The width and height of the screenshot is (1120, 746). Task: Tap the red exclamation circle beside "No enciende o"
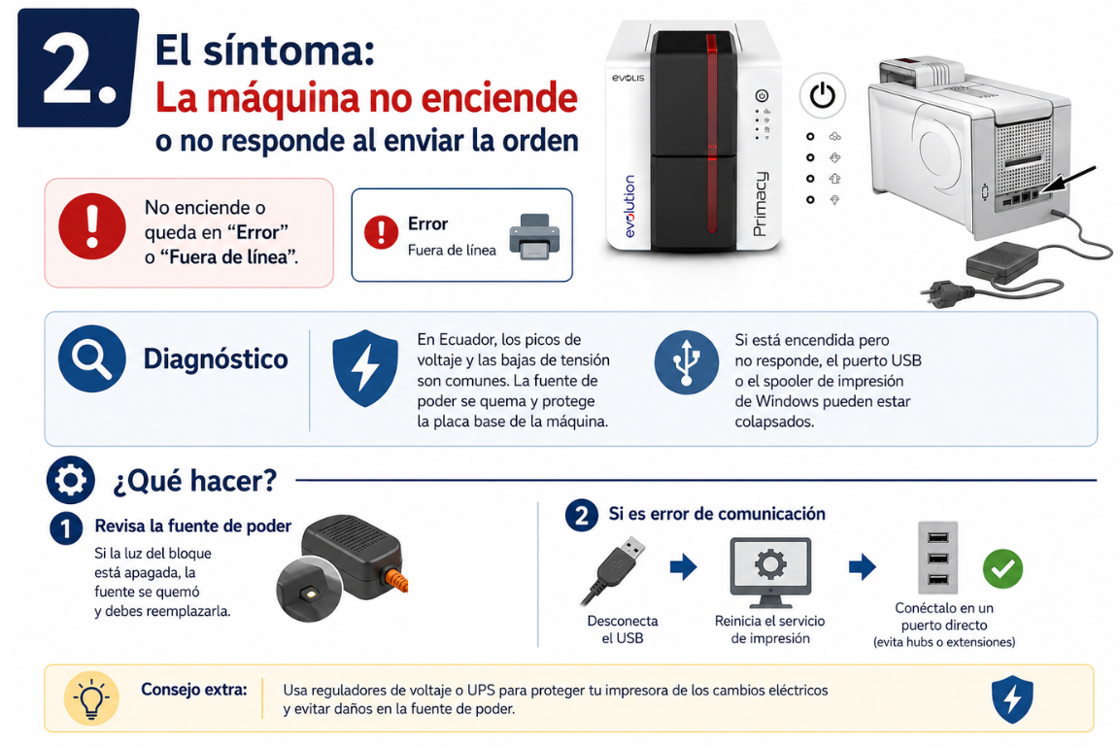click(92, 225)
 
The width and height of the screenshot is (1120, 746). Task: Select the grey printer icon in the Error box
click(535, 236)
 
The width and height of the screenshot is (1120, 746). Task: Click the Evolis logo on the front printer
click(628, 78)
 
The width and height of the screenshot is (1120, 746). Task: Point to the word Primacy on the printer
click(760, 204)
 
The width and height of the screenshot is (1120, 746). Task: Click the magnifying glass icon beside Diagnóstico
click(92, 358)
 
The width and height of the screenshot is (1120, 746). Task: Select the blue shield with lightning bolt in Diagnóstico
click(365, 367)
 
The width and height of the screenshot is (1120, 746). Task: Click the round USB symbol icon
click(686, 362)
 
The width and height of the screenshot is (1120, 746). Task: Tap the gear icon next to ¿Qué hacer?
click(71, 480)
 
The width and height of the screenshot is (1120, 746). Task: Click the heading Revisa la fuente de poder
click(193, 526)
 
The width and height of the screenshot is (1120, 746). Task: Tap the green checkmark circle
click(1002, 569)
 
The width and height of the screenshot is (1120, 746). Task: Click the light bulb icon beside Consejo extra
click(91, 698)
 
